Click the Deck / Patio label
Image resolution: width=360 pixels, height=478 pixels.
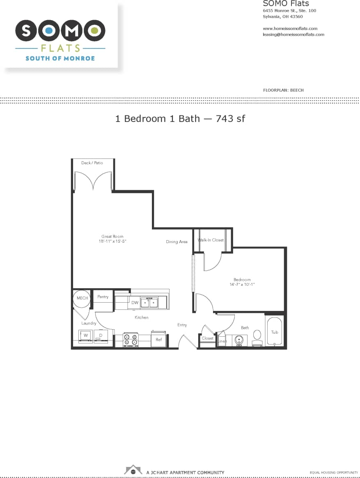click(x=92, y=163)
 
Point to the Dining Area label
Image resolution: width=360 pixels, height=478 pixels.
click(x=177, y=242)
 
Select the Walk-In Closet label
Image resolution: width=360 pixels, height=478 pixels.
click(x=211, y=240)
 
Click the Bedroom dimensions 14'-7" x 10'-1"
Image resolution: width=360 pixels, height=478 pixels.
click(x=242, y=284)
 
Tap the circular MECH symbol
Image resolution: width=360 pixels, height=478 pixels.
click(x=83, y=298)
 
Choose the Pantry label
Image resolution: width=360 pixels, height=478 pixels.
click(x=103, y=297)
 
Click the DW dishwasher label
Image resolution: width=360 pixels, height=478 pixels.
click(x=135, y=303)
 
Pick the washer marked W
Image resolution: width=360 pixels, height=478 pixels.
click(x=86, y=336)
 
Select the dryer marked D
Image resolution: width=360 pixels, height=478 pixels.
click(x=101, y=336)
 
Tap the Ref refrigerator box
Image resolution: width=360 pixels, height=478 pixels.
click(x=159, y=340)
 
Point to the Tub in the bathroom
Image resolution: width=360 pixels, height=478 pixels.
click(x=275, y=332)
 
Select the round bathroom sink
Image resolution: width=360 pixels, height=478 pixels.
click(x=239, y=340)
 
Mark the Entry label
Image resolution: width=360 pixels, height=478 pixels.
click(x=182, y=325)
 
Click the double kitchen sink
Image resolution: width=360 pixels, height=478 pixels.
click(x=149, y=303)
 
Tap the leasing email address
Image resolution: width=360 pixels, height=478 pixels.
click(x=293, y=34)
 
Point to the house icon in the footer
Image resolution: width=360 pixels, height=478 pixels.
click(x=133, y=469)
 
